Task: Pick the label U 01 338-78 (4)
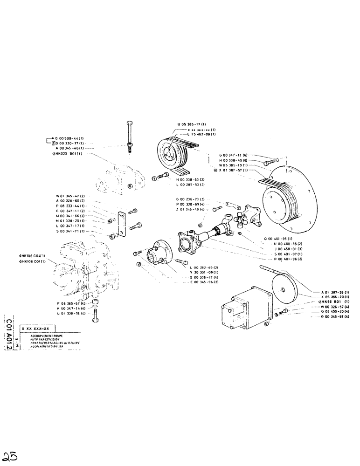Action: click(x=70, y=314)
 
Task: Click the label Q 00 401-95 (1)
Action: click(x=279, y=239)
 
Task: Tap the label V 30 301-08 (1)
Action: click(x=204, y=272)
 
